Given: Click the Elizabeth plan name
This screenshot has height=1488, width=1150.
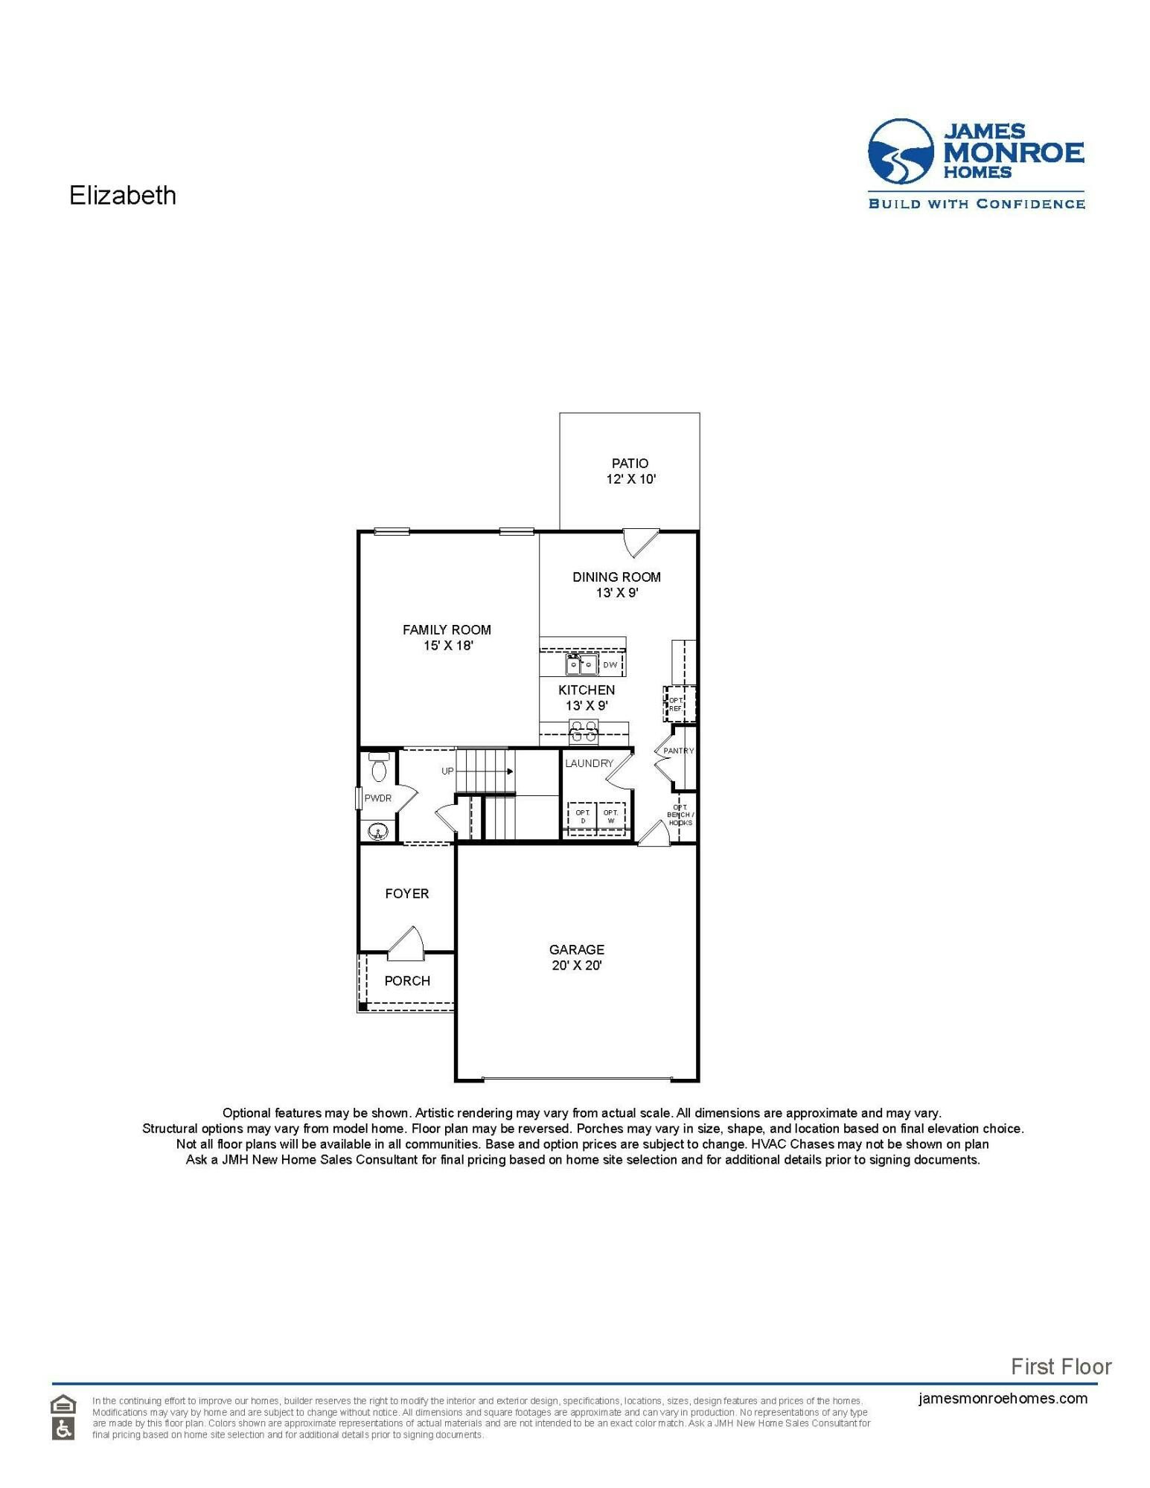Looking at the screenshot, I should [x=123, y=196].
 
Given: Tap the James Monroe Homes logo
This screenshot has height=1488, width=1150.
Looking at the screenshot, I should [x=976, y=163].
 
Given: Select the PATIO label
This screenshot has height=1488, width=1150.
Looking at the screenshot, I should [x=630, y=464].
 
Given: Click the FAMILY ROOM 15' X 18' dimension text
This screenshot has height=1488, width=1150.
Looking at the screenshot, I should [x=448, y=646].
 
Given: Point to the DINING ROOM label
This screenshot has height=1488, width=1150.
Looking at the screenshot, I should [x=616, y=577].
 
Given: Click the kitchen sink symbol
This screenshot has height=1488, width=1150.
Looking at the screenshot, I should [x=581, y=664].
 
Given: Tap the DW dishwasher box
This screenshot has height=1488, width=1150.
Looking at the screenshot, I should [x=610, y=664].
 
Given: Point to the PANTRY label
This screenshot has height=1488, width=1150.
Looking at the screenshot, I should [x=678, y=751].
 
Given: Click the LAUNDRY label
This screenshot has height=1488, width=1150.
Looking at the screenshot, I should [x=589, y=763].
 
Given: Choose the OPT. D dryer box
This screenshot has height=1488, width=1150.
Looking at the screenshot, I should [x=583, y=817].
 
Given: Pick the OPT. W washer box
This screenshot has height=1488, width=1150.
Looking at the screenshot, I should [x=611, y=817].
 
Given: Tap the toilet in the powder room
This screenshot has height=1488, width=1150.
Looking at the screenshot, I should [x=379, y=768].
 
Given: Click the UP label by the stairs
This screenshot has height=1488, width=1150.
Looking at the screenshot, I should [x=447, y=771].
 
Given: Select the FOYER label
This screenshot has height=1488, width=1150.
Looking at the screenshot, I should [x=406, y=894].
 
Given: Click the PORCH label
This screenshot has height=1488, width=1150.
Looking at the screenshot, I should [x=407, y=981].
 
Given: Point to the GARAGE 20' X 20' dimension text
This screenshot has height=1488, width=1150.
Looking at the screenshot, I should [x=576, y=966].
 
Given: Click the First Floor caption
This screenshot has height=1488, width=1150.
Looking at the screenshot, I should [x=1061, y=1366].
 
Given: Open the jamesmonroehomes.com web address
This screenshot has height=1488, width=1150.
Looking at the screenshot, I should [x=1003, y=1398].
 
